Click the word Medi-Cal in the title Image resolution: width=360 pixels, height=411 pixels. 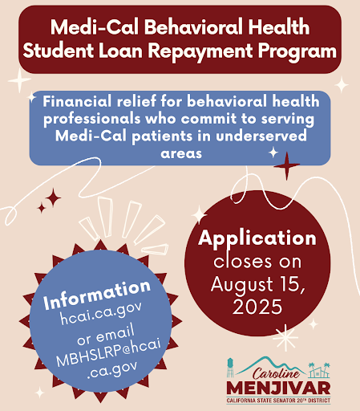click(95, 26)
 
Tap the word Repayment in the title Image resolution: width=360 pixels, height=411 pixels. click(200, 51)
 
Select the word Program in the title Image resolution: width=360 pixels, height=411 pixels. click(297, 51)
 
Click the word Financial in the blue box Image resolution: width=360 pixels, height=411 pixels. click(77, 101)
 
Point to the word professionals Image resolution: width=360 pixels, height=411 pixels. click(92, 119)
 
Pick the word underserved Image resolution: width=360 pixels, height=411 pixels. click(261, 136)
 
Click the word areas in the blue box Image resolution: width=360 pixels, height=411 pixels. click(181, 153)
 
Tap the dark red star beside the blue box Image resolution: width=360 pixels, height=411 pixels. click(286, 166)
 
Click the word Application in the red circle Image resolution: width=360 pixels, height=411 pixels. click(257, 238)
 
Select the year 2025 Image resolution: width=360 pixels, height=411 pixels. click(257, 307)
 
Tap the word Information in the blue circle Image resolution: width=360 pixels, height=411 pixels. click(97, 295)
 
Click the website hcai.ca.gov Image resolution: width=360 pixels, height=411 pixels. click(101, 314)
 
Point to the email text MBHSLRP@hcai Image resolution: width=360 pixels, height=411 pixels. click(108, 352)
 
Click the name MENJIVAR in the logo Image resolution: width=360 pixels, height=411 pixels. click(278, 388)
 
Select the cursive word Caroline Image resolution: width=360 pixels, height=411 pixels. click(276, 373)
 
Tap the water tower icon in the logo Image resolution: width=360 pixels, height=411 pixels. click(230, 368)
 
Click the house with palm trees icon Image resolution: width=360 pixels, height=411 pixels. click(319, 370)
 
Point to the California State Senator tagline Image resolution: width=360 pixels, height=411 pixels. click(278, 401)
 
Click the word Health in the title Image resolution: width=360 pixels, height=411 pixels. click(279, 26)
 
